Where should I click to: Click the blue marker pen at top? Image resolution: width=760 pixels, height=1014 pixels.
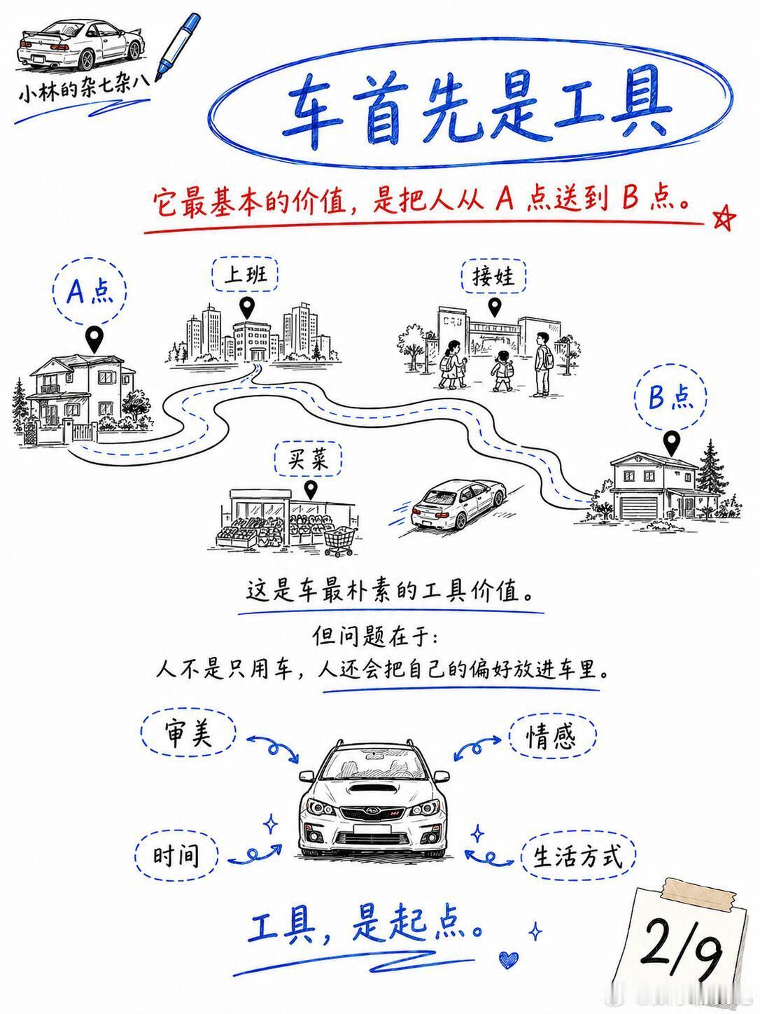[x=178, y=46]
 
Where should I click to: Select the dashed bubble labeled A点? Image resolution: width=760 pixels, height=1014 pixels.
[x=90, y=292]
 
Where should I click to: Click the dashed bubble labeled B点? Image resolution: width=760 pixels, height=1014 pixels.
[x=670, y=397]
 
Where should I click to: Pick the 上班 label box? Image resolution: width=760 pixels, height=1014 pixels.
[x=246, y=275]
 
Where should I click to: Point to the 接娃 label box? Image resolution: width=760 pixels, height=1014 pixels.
[x=494, y=277]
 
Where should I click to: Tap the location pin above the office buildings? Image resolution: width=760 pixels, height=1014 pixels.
[x=247, y=307]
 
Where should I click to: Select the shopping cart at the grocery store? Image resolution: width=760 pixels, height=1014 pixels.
[x=340, y=541]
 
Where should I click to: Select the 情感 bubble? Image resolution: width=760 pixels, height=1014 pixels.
[x=552, y=737]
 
